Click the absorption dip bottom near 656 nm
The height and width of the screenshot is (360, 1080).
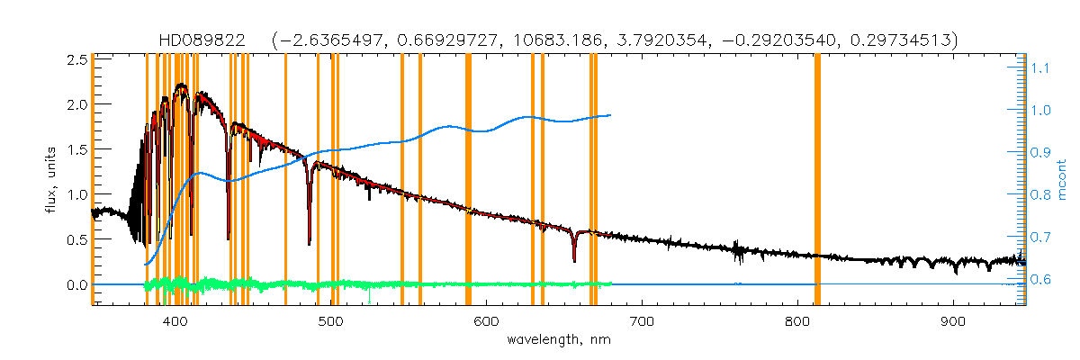point(574,261)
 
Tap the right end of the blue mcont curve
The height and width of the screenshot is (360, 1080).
point(611,115)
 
